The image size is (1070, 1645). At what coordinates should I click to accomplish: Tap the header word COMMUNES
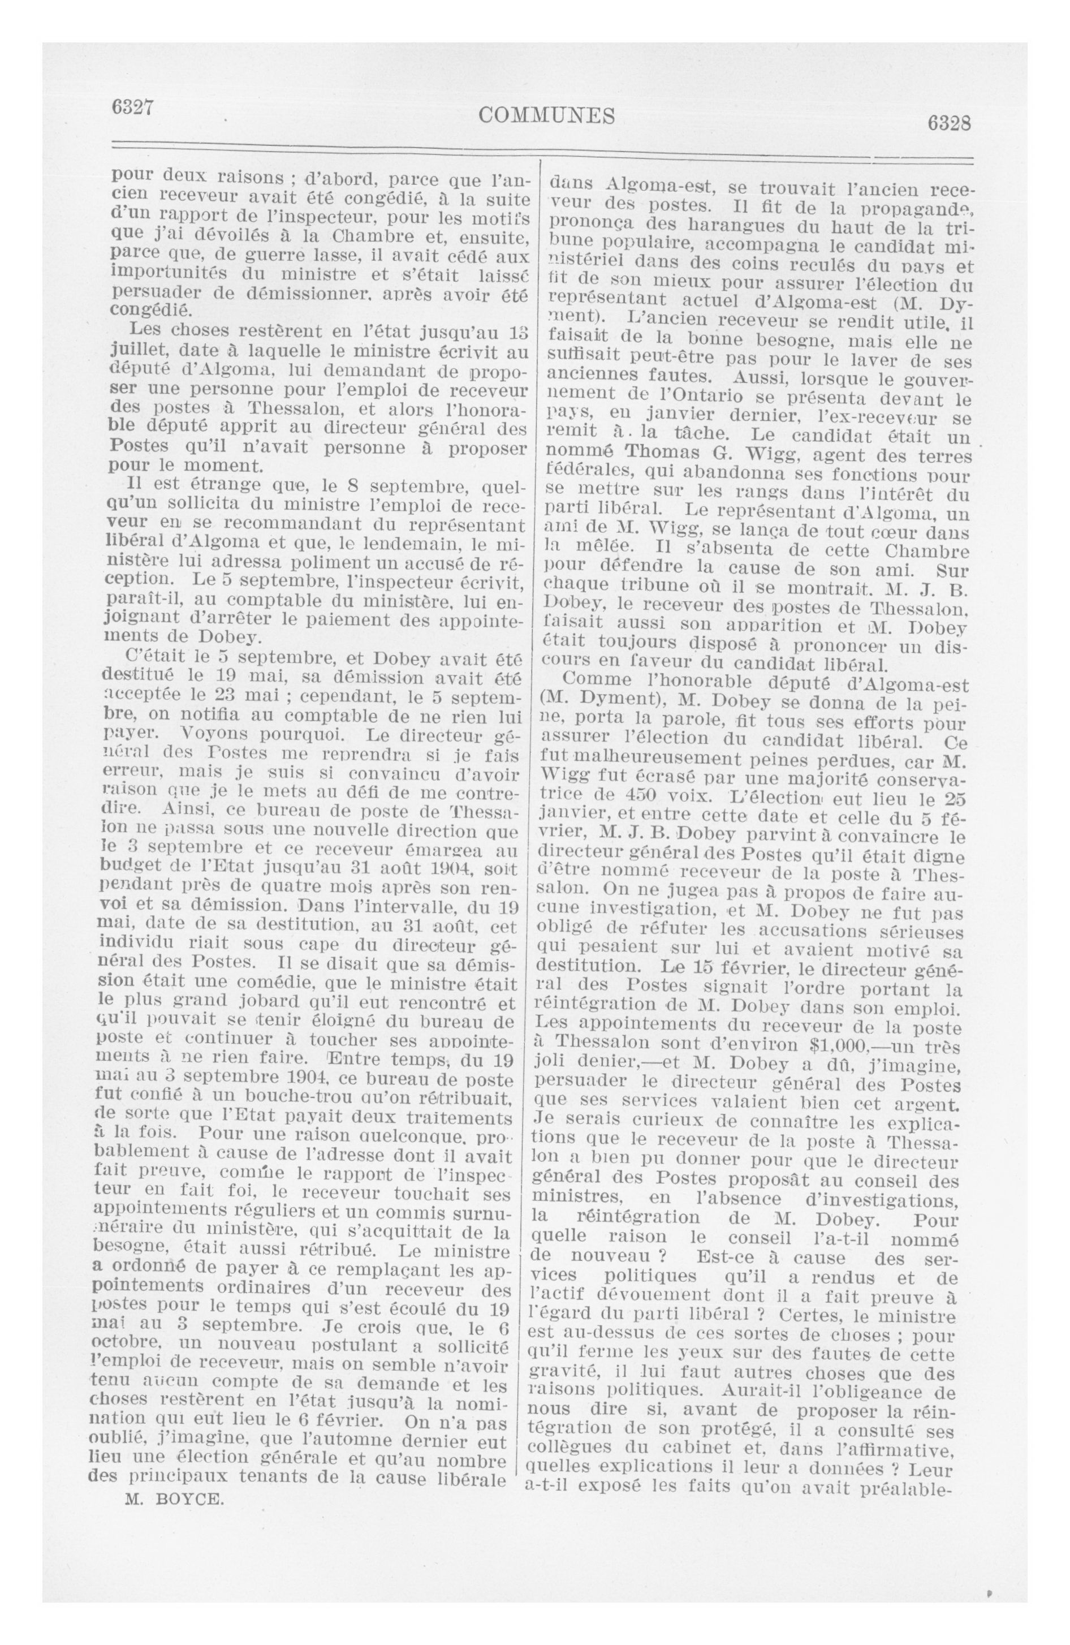pyautogui.click(x=546, y=116)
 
